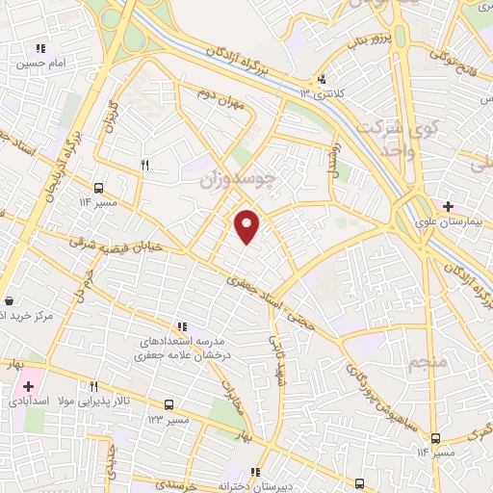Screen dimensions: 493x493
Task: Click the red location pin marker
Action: [x=248, y=225]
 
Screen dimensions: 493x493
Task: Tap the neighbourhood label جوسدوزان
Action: [x=237, y=179]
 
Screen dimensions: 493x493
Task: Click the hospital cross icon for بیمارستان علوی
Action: [x=448, y=205]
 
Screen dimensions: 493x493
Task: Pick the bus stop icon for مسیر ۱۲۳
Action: [x=169, y=405]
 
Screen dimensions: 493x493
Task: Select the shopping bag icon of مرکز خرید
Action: [x=9, y=300]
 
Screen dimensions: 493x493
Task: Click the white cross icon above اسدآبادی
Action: [x=28, y=386]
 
